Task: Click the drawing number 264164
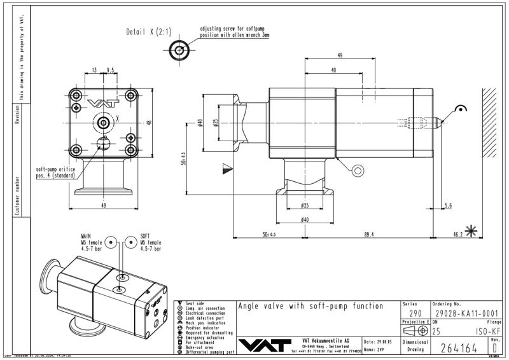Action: click(x=459, y=347)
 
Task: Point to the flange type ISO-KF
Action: click(x=485, y=331)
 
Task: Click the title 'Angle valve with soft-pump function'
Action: click(x=310, y=306)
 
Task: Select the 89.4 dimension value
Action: click(x=368, y=235)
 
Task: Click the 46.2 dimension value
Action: click(x=458, y=235)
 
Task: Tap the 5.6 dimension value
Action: click(x=448, y=205)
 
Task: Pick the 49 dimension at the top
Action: click(x=340, y=56)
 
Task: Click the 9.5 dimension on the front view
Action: click(x=111, y=70)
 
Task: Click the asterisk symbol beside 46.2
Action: click(x=472, y=232)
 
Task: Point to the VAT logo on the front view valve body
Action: click(x=99, y=104)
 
